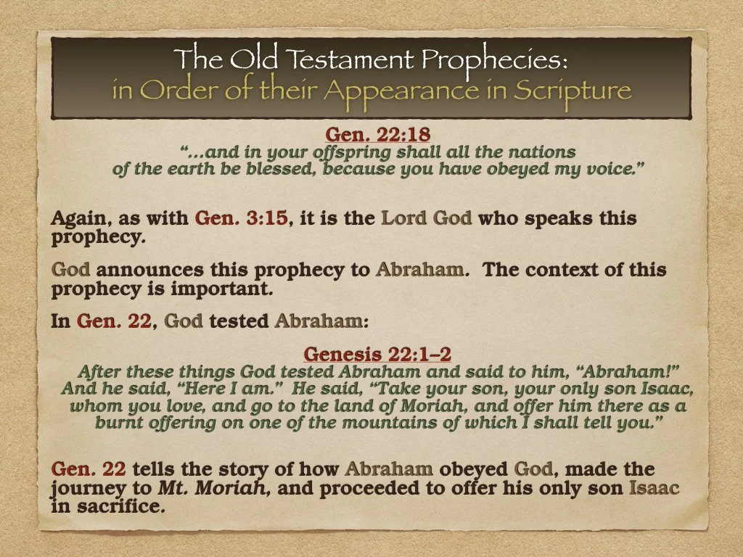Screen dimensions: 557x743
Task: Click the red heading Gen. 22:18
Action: (x=372, y=134)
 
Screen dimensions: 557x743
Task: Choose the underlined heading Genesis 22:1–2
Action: (x=377, y=355)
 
